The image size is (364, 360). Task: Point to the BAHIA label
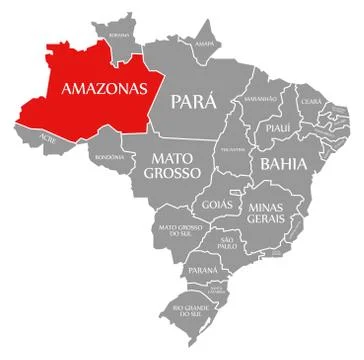coord(281,162)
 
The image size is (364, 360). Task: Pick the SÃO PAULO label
coord(227,243)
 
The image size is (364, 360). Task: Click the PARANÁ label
coord(203,270)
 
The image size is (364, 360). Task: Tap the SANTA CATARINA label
coord(216,290)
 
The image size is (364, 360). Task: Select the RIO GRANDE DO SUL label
coord(191,310)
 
